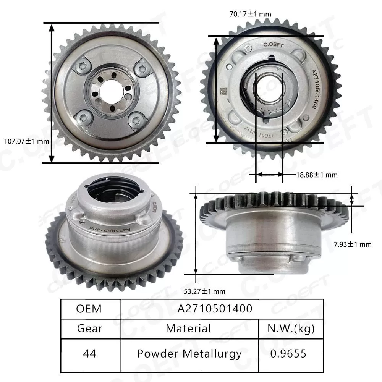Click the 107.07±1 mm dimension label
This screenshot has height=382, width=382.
click(26, 141)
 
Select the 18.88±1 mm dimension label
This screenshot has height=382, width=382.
click(317, 175)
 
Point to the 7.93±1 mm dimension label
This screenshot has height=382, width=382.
click(352, 244)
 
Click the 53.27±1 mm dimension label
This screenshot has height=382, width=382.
click(204, 291)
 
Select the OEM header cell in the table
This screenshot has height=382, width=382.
click(91, 309)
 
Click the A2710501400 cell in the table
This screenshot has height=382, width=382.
click(215, 309)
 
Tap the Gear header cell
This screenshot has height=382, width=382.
click(91, 329)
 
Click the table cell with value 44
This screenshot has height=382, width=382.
click(91, 353)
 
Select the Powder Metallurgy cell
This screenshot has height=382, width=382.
click(189, 353)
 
